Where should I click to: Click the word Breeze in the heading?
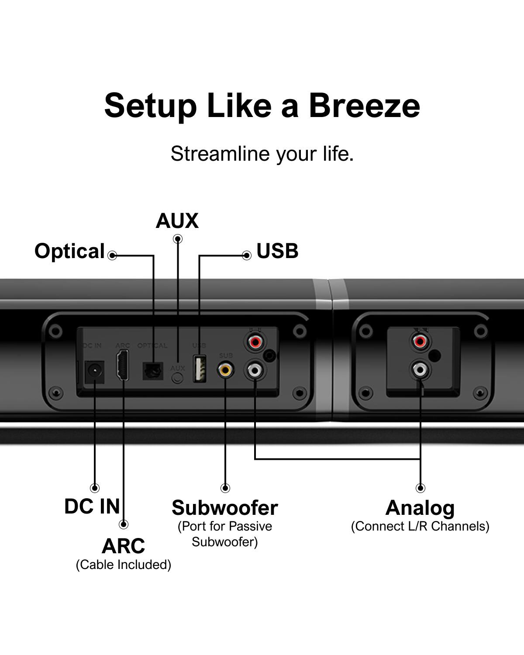click(x=364, y=106)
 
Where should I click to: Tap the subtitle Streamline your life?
click(x=262, y=154)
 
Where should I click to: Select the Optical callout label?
click(x=69, y=251)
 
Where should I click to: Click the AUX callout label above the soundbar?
click(x=177, y=221)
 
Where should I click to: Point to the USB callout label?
click(x=277, y=251)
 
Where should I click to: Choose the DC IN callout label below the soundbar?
click(x=92, y=507)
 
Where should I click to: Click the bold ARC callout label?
click(x=123, y=546)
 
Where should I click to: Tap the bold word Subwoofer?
click(x=224, y=508)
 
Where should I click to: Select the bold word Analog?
click(x=420, y=508)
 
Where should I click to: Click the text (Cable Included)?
click(x=124, y=565)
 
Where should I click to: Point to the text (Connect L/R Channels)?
click(x=420, y=526)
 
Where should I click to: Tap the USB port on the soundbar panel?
click(x=200, y=369)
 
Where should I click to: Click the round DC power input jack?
click(x=93, y=372)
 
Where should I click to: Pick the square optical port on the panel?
click(x=152, y=371)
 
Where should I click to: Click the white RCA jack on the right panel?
click(x=420, y=370)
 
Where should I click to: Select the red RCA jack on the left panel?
click(x=255, y=341)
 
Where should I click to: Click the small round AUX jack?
click(x=177, y=377)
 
